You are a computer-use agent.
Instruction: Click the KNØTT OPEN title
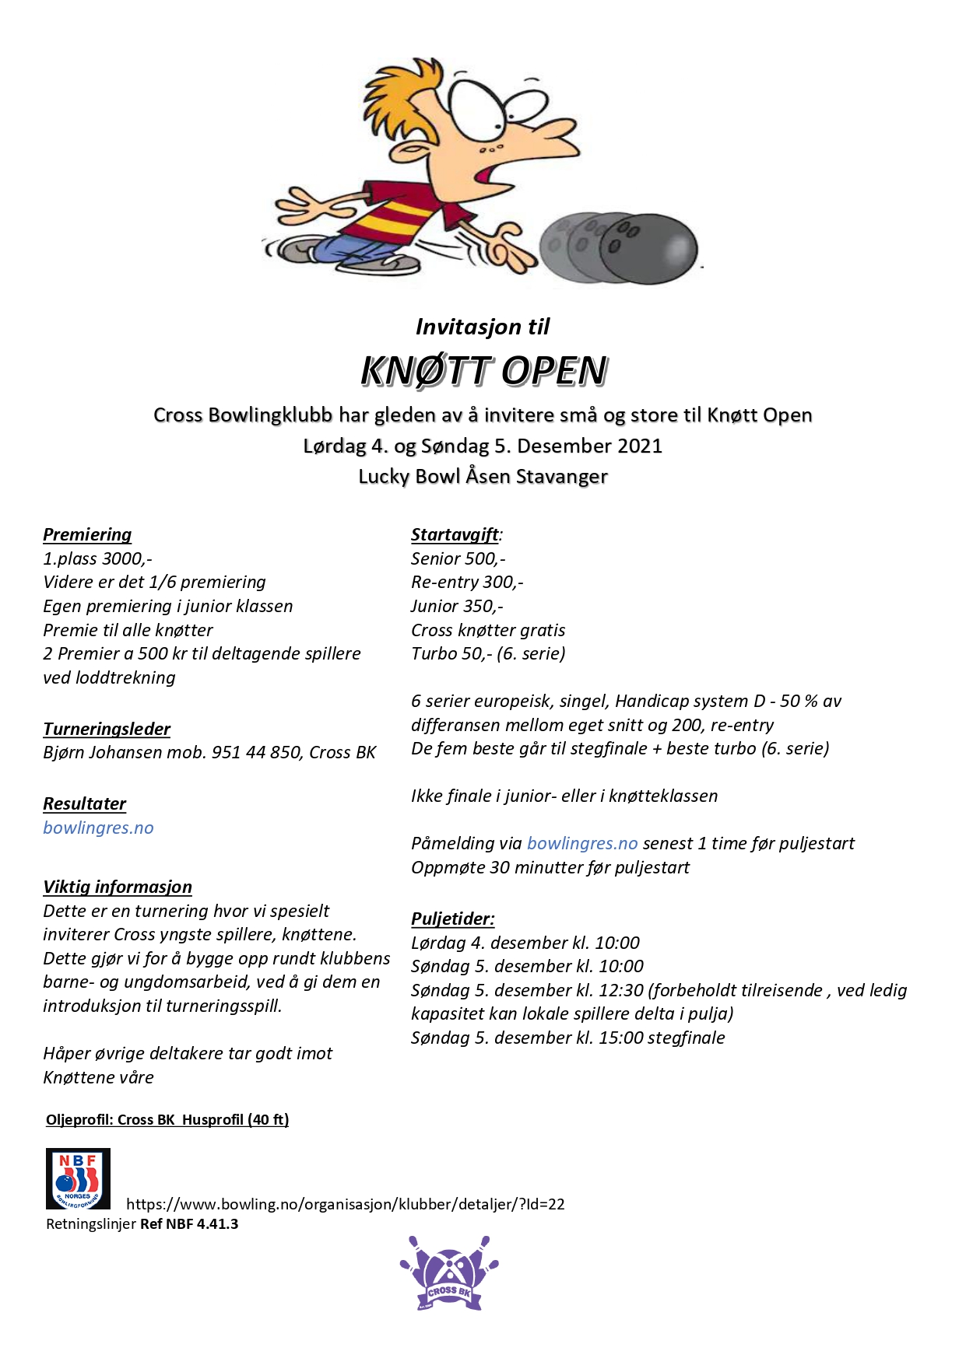click(483, 371)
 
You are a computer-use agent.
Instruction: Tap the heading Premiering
click(87, 534)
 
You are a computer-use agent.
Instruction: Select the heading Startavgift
click(455, 534)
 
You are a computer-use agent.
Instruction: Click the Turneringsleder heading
click(107, 729)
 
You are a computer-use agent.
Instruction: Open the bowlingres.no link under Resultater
click(98, 828)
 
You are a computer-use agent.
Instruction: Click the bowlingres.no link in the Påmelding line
click(582, 843)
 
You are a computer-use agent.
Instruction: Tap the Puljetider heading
click(452, 919)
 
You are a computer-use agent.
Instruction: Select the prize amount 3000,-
click(126, 558)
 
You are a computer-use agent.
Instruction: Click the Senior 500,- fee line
click(458, 558)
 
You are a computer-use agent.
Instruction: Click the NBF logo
click(78, 1178)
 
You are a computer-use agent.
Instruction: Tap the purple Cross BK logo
click(449, 1273)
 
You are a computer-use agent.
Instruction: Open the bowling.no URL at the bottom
click(345, 1204)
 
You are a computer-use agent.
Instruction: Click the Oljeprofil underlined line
click(167, 1120)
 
